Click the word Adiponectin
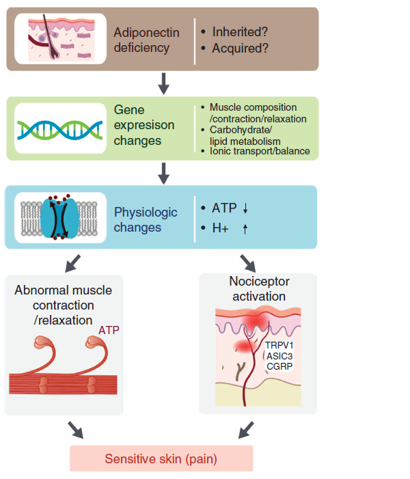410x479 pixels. pyautogui.click(x=146, y=32)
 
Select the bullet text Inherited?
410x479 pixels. pyautogui.click(x=240, y=31)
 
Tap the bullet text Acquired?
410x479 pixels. pyautogui.click(x=240, y=48)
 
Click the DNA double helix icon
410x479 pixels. pyautogui.click(x=60, y=130)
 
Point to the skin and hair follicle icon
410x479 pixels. pyautogui.click(x=61, y=38)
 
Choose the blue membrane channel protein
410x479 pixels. pyautogui.click(x=59, y=217)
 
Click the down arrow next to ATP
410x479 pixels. pyautogui.click(x=245, y=208)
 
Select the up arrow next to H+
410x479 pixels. pyautogui.click(x=245, y=228)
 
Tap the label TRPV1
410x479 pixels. pyautogui.click(x=279, y=345)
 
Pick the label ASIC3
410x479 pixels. pyautogui.click(x=279, y=356)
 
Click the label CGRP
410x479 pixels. pyautogui.click(x=279, y=366)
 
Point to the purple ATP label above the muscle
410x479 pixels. pyautogui.click(x=109, y=330)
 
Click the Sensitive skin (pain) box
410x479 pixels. pyautogui.click(x=161, y=459)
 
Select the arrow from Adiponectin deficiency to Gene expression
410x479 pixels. pyautogui.click(x=164, y=83)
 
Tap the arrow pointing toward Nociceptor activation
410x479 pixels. pyautogui.click(x=248, y=263)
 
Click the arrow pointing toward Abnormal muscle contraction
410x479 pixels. pyautogui.click(x=72, y=263)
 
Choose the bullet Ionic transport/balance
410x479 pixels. pyautogui.click(x=260, y=151)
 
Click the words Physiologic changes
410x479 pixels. pyautogui.click(x=146, y=219)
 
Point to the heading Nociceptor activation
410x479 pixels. pyautogui.click(x=259, y=288)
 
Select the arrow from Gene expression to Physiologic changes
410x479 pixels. pyautogui.click(x=164, y=174)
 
